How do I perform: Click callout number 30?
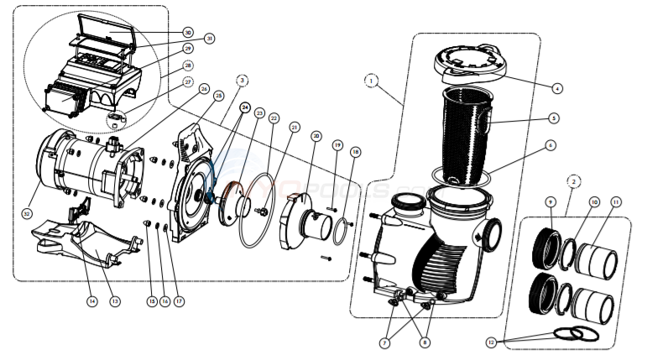(187, 32)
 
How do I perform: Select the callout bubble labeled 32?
(29, 214)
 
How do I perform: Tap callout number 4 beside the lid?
(558, 87)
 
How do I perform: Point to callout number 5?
(554, 118)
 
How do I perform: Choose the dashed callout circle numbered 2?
(572, 180)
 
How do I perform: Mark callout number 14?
(91, 301)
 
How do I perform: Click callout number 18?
(356, 152)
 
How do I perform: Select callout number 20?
(316, 135)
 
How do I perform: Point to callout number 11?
(617, 202)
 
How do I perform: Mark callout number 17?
(177, 301)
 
